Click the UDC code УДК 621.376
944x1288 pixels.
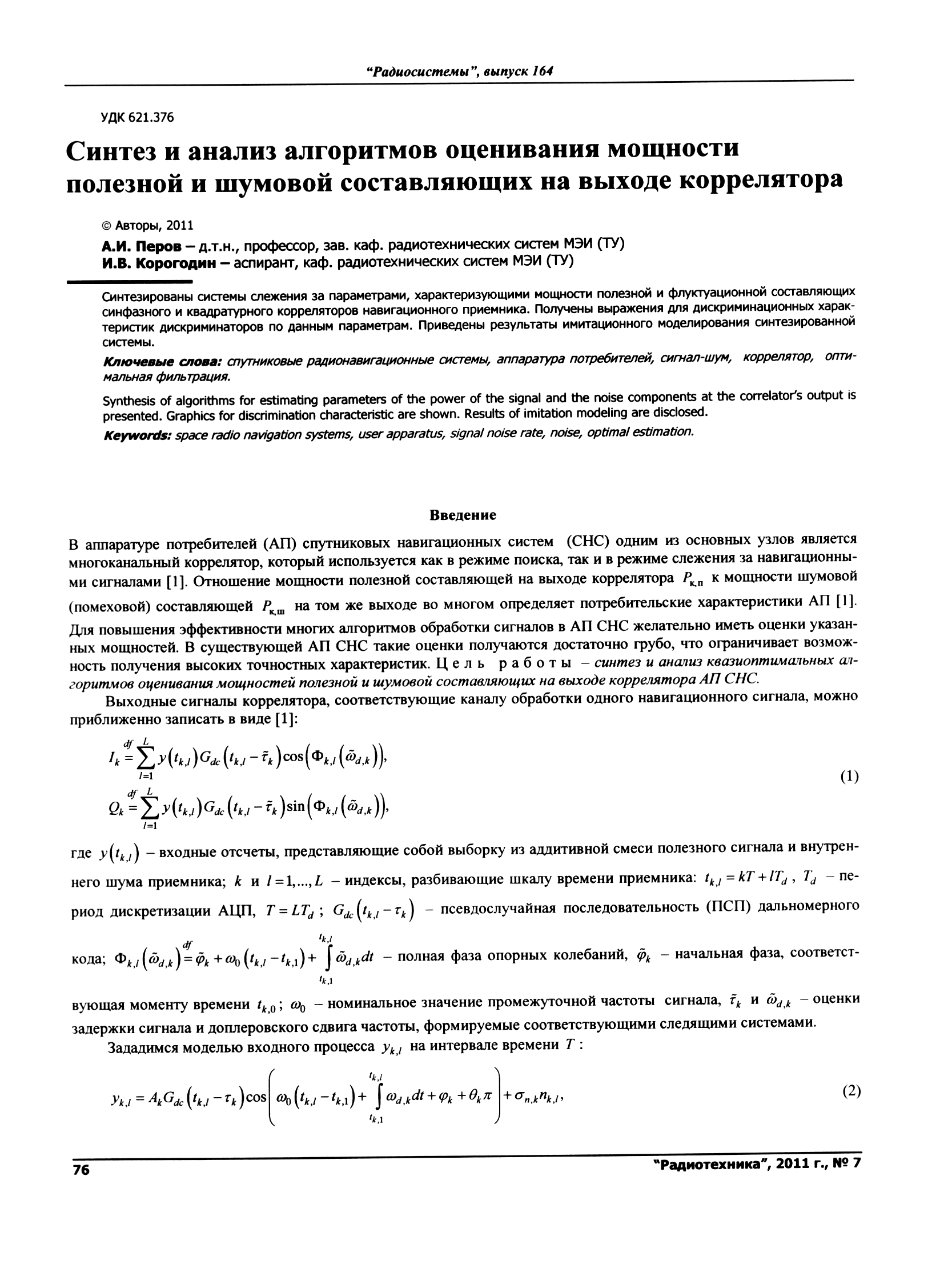pos(137,118)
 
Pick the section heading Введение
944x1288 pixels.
pos(463,515)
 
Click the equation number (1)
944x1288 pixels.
pos(848,777)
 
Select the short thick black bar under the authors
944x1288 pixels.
pos(130,282)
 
